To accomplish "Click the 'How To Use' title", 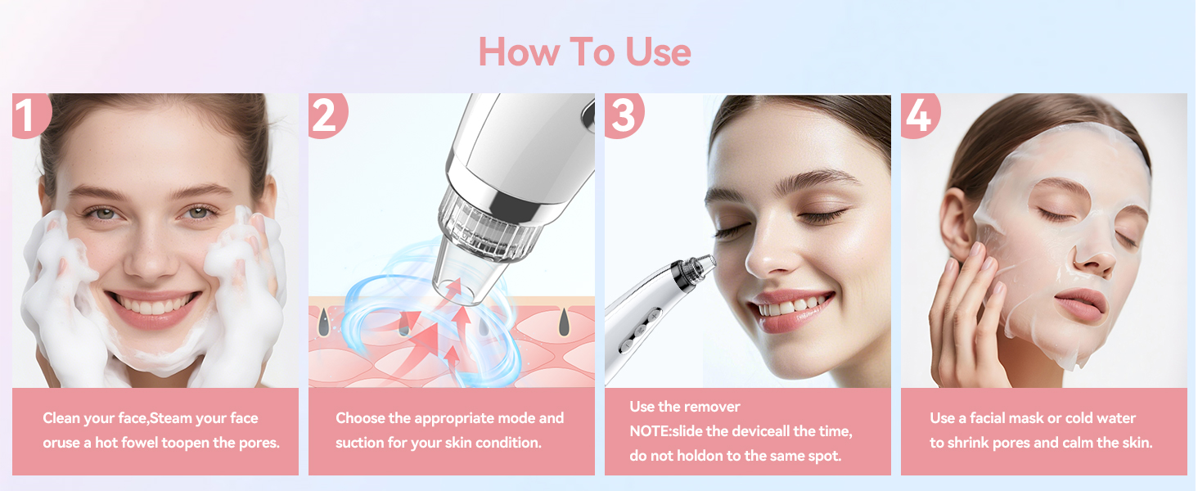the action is (x=584, y=52).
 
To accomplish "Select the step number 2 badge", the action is (x=327, y=115).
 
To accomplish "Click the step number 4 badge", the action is (x=919, y=115).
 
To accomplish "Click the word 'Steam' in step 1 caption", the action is (x=170, y=417).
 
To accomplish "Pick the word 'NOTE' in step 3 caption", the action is (x=648, y=431).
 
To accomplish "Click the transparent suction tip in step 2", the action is (x=470, y=273).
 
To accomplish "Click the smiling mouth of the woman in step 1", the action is (x=154, y=308).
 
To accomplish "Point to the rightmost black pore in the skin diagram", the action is (x=564, y=322).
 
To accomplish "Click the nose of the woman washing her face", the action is (x=151, y=257).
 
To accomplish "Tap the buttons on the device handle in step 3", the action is (x=640, y=331).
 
